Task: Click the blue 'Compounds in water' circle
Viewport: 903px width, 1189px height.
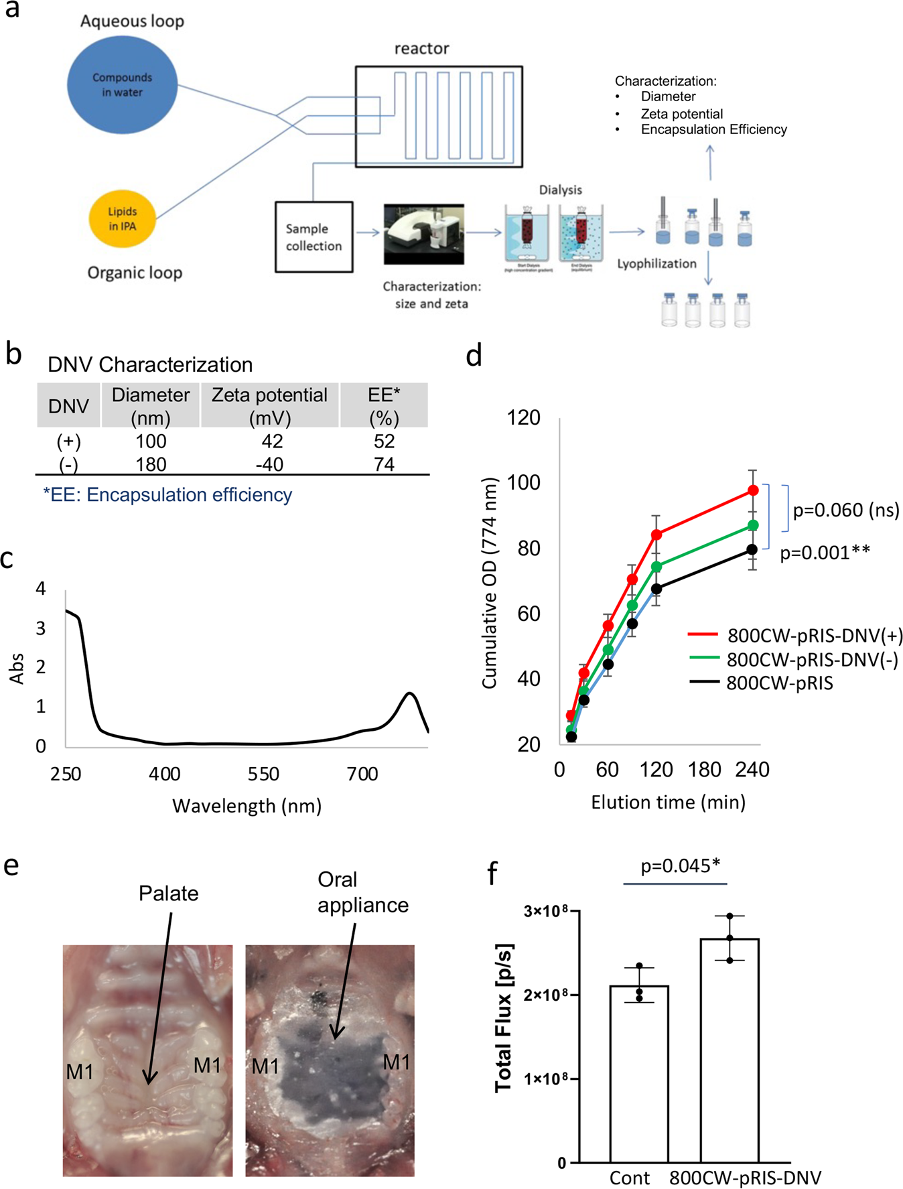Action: point(123,85)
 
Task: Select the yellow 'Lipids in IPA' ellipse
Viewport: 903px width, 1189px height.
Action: point(123,218)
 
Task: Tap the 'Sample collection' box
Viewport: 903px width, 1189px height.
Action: point(314,237)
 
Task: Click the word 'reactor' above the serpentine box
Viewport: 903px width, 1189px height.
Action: point(421,48)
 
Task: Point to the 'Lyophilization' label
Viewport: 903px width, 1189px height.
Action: point(656,263)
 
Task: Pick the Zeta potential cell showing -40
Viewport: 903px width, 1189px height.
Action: point(269,464)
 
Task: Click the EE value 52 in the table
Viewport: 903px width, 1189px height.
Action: point(384,441)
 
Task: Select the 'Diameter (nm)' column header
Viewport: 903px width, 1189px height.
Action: point(150,405)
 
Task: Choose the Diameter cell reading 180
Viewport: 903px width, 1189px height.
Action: point(150,464)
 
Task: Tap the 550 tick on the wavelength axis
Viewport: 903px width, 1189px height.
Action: point(263,774)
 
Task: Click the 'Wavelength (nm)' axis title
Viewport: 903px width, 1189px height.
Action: point(247,806)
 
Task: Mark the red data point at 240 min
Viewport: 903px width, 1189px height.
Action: point(753,490)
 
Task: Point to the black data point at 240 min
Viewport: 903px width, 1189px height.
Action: point(752,549)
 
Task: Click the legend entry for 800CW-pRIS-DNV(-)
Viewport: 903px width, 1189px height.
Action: point(812,660)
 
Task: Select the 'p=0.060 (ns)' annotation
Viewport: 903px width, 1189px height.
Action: point(845,510)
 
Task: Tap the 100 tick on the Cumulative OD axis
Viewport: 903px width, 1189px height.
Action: point(524,482)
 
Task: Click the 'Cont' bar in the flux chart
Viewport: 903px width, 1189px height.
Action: point(639,1073)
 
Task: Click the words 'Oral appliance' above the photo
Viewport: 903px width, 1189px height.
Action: point(362,892)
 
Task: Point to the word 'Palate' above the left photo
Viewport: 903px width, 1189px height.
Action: point(168,894)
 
